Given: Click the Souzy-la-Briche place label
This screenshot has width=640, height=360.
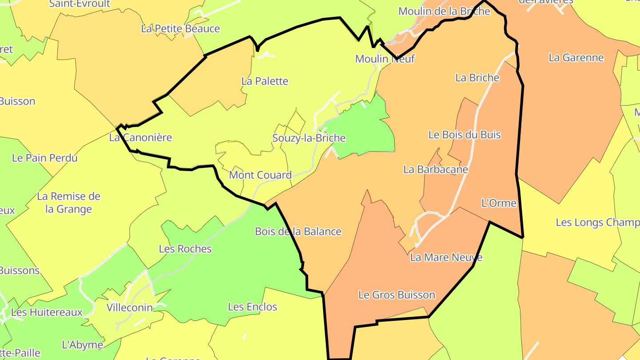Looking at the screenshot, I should (x=309, y=138).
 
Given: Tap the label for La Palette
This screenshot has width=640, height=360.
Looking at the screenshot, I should (x=265, y=81).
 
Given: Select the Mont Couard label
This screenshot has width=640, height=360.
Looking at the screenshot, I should (x=260, y=175).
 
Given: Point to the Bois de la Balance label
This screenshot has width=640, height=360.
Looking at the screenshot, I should (x=298, y=231).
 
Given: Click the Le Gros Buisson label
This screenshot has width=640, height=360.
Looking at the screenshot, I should (x=396, y=295).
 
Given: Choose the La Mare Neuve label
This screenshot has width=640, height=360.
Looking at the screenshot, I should (x=446, y=257).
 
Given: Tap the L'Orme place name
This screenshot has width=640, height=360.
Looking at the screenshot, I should (x=499, y=203).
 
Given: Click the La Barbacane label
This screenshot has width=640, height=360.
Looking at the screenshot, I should (x=436, y=169).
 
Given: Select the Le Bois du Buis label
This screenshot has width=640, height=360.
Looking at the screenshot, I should (x=464, y=134).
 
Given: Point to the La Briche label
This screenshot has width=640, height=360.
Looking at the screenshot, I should (x=477, y=78).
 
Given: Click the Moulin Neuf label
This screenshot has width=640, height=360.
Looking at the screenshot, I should (x=385, y=58).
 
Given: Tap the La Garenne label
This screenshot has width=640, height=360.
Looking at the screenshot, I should (x=576, y=57).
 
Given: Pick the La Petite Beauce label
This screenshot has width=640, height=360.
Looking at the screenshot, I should (x=180, y=28).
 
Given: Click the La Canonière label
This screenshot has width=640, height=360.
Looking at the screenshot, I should (x=140, y=137).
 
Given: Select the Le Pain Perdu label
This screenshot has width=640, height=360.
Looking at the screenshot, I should (x=45, y=157).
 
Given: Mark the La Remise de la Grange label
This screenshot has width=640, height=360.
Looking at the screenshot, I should (x=69, y=203).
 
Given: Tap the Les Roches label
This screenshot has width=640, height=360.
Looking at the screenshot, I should (x=185, y=248).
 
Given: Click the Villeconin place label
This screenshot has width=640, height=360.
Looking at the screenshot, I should (x=130, y=307).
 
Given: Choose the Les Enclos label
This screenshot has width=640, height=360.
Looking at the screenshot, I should (x=252, y=307).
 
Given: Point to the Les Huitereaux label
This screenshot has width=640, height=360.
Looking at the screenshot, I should (x=47, y=312).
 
